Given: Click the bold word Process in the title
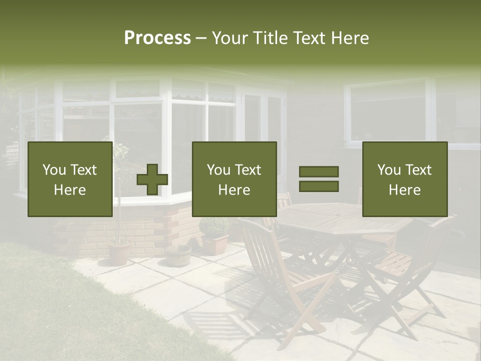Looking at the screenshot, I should click(x=157, y=38).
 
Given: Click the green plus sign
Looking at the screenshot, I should click(x=152, y=179).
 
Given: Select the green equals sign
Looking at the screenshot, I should click(x=319, y=179).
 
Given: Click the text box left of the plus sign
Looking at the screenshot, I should click(x=70, y=179).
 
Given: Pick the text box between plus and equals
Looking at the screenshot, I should click(x=234, y=179).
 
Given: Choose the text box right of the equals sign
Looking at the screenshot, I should click(x=404, y=179).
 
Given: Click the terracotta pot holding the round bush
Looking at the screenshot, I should click(x=215, y=245).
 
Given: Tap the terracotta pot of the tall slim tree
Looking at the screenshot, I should click(x=120, y=252).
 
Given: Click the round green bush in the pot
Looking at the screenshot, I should click(x=214, y=227).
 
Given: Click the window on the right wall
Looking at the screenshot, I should click(x=388, y=111).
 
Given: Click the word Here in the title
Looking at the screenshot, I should click(x=350, y=38).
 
